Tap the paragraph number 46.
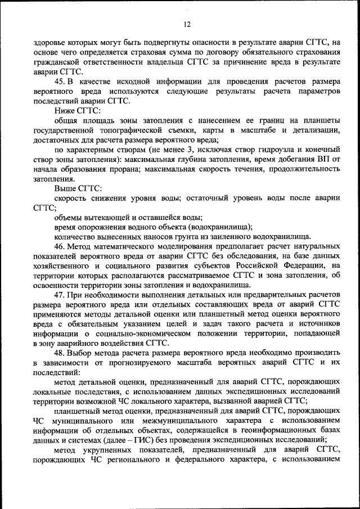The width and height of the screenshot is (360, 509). (60, 246)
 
